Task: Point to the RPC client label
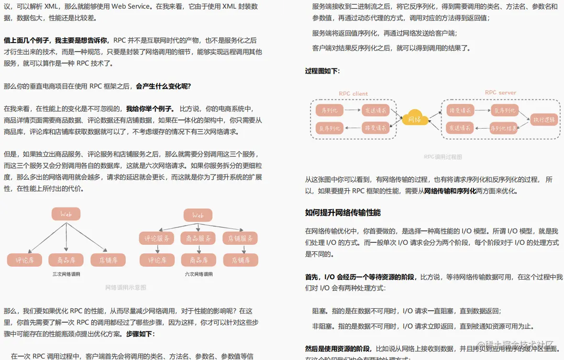pos(353,94)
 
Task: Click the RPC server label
pos(500,92)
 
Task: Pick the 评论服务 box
pos(157,238)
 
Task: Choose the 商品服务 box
pos(199,238)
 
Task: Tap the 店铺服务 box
pos(240,238)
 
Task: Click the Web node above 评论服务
pos(198,215)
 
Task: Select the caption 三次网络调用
pos(66,274)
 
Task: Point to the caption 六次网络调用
pos(199,274)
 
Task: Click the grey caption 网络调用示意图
pos(125,287)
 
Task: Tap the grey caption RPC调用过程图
pos(443,156)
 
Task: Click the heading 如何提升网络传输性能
pos(343,213)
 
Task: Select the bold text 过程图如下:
pos(322,71)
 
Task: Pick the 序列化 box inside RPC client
pos(330,110)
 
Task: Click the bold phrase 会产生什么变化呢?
pos(163,86)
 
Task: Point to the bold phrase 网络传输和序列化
pos(450,191)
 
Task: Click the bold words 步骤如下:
pos(141,334)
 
